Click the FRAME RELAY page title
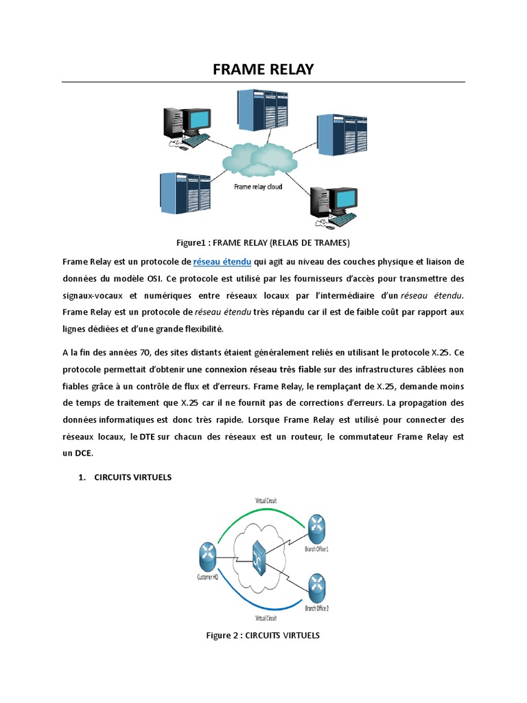click(x=263, y=69)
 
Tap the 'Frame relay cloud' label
click(x=258, y=186)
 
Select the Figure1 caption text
click(x=263, y=242)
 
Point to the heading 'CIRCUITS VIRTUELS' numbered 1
click(x=133, y=477)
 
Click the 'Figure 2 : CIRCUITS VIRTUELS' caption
click(x=263, y=635)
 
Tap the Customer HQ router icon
click(x=207, y=555)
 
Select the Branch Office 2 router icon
click(x=316, y=585)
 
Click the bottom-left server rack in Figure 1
click(x=184, y=194)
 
